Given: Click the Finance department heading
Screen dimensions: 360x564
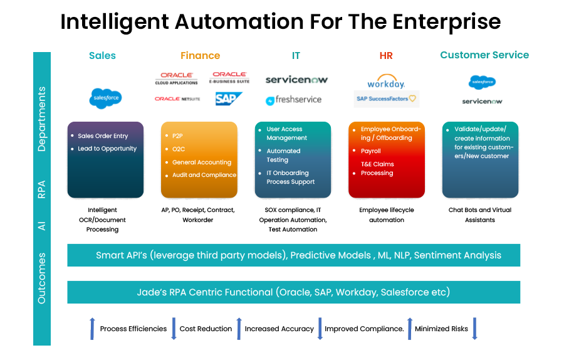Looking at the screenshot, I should coord(200,55).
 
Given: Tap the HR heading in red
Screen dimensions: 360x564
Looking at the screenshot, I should coord(386,55).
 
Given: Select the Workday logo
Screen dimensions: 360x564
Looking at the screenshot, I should coord(386,82).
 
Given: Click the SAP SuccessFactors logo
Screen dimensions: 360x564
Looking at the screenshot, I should coord(387,99).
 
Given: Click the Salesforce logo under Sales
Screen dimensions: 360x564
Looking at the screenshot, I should coord(106,98).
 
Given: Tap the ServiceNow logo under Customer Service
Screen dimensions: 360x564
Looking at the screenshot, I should coord(482,101).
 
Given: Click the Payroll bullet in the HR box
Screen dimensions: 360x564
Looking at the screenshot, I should coord(370,151).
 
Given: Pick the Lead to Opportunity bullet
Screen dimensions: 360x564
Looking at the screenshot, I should coord(107,149).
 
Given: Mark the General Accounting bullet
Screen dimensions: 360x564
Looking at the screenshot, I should coord(201,162).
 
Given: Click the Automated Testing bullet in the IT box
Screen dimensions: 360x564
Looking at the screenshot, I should coord(283,156).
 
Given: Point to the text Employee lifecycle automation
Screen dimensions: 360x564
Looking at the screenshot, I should coord(386,215).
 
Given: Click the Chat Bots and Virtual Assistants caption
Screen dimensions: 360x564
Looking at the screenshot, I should coord(479,215).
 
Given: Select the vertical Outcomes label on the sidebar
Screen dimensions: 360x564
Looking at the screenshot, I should coord(41,278).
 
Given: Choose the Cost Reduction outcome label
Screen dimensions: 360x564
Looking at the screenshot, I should coord(206,329).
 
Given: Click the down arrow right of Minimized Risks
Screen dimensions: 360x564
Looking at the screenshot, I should coord(474,329).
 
